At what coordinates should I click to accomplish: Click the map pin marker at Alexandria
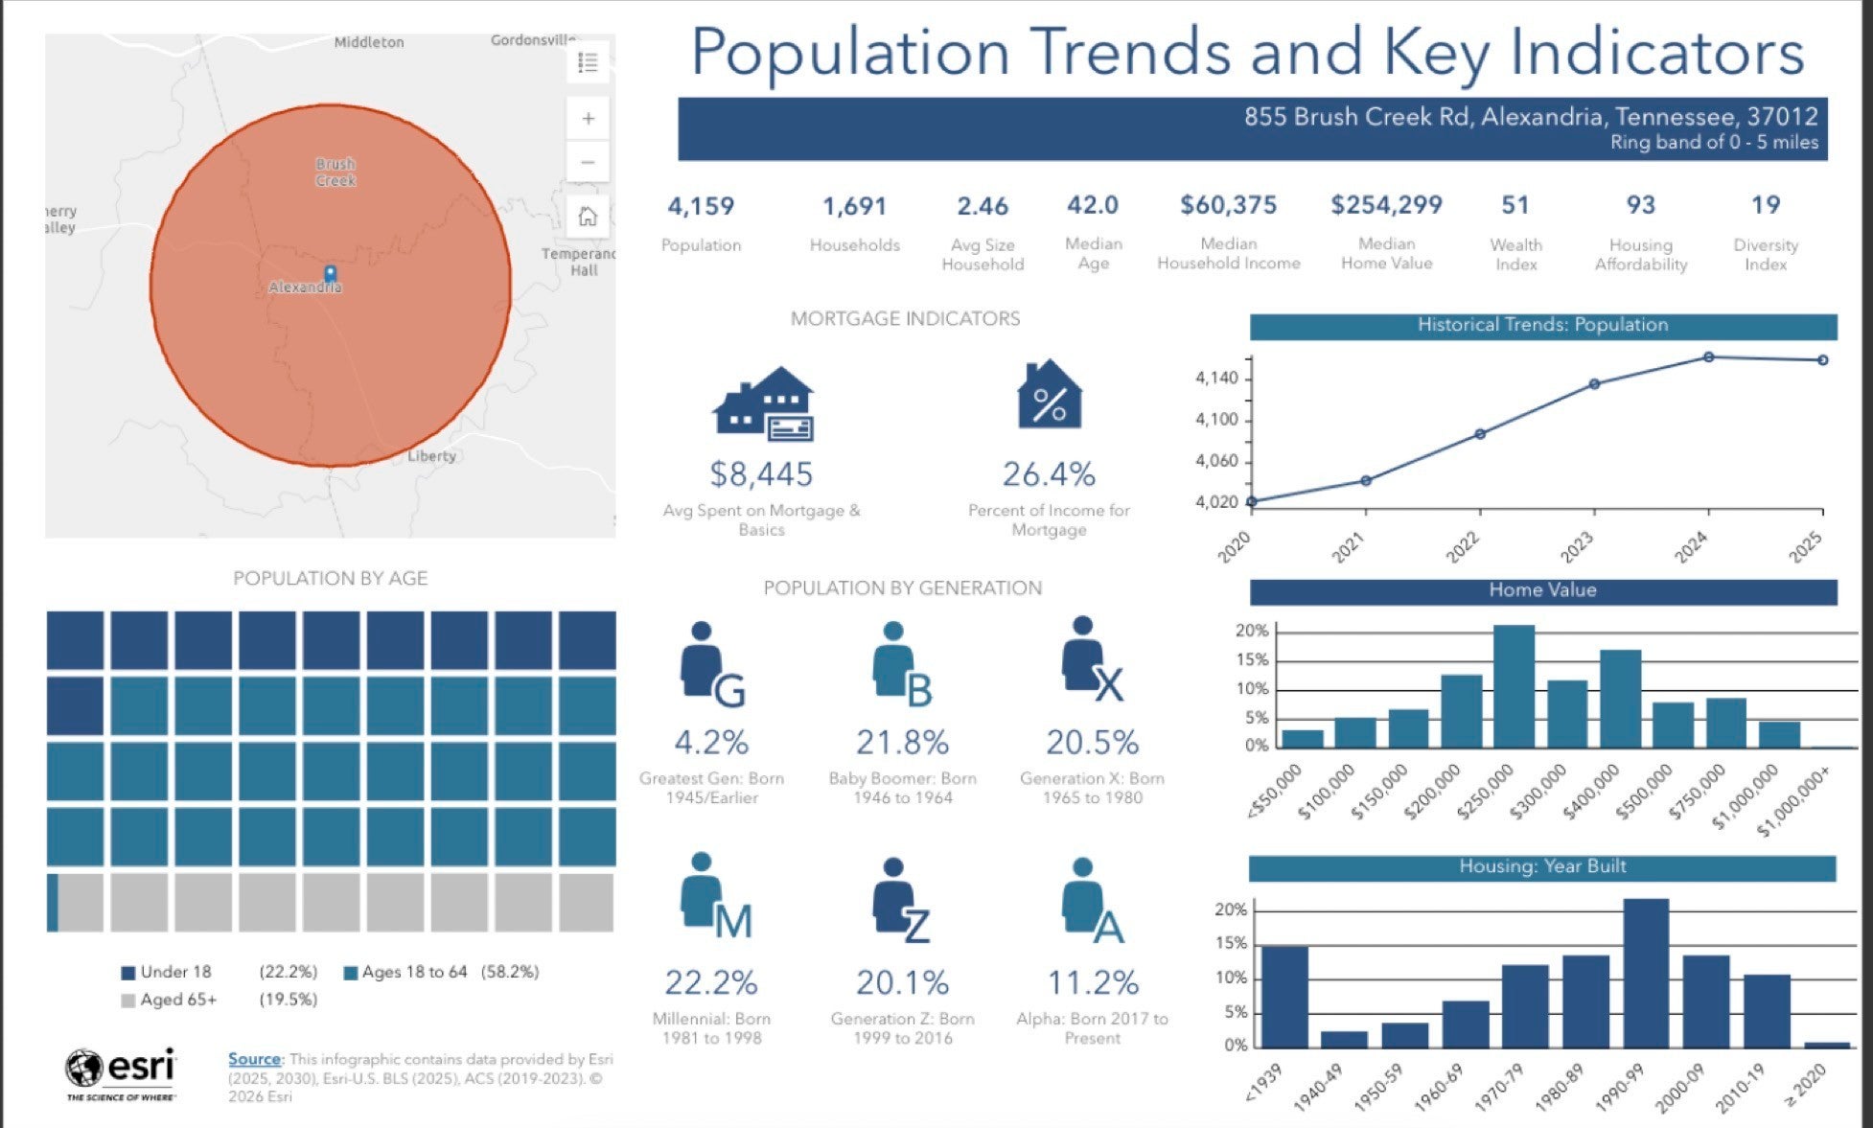pos(330,274)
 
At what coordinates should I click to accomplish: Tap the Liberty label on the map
pos(431,456)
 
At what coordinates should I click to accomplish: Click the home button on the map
pos(588,217)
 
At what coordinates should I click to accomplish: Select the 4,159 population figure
pos(701,206)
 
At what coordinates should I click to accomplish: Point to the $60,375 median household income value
pos(1228,205)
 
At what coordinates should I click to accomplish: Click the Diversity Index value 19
pos(1765,205)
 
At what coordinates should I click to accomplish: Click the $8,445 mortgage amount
pos(761,473)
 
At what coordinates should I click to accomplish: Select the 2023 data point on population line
pos(1594,384)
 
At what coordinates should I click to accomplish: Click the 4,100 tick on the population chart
pos(1216,420)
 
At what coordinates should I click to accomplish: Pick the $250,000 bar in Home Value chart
pos(1514,686)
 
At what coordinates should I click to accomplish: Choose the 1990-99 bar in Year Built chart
pos(1646,973)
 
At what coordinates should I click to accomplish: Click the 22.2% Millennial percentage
pos(711,982)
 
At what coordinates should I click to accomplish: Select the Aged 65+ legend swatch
pos(128,1001)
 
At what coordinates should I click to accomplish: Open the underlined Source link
pos(254,1059)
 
